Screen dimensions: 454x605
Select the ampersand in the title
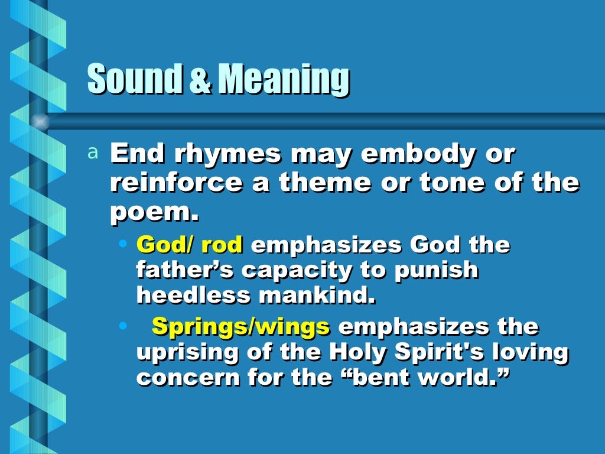(x=201, y=82)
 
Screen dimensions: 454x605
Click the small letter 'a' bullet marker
(x=92, y=154)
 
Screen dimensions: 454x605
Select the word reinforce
(x=176, y=183)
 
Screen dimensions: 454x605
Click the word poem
(x=152, y=212)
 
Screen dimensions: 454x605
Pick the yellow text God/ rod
(x=189, y=245)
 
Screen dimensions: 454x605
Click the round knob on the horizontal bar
(x=40, y=122)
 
